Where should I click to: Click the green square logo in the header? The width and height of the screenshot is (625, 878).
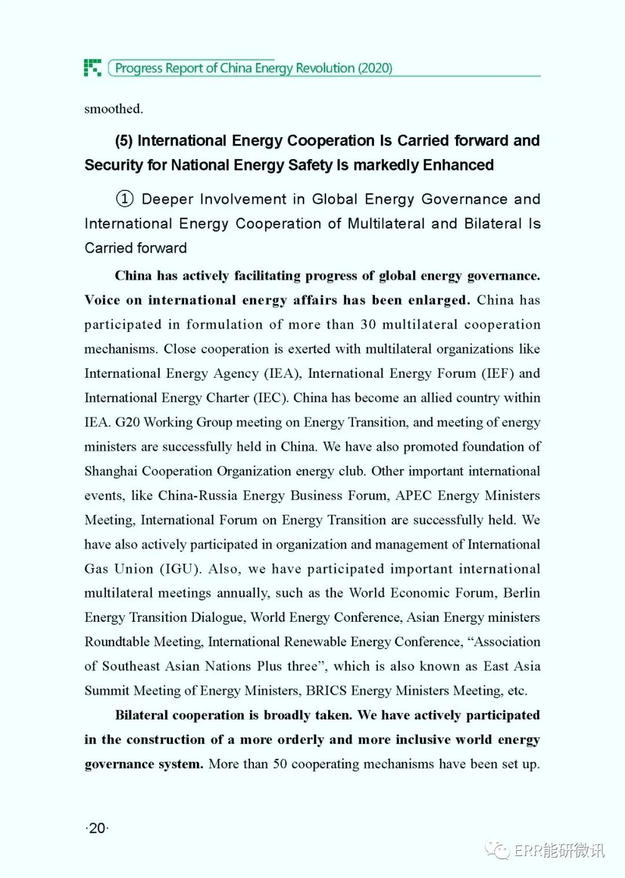93,68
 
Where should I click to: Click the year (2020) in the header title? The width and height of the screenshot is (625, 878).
375,68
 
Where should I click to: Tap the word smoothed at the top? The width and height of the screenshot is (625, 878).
113,109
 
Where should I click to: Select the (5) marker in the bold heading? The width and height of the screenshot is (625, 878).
124,141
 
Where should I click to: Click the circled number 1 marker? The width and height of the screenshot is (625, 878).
124,199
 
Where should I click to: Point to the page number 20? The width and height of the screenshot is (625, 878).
97,828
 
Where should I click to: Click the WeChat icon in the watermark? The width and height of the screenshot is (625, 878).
497,850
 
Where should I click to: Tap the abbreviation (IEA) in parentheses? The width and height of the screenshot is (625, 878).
282,374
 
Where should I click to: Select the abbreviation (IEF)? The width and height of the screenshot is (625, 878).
498,374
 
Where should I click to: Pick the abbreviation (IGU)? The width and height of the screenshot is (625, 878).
181,569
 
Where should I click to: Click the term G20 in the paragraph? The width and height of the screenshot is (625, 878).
127,422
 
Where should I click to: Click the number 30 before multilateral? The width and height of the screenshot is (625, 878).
368,324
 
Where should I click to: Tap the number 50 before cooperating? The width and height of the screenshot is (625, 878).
280,764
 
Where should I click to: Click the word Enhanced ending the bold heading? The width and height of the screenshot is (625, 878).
458,165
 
